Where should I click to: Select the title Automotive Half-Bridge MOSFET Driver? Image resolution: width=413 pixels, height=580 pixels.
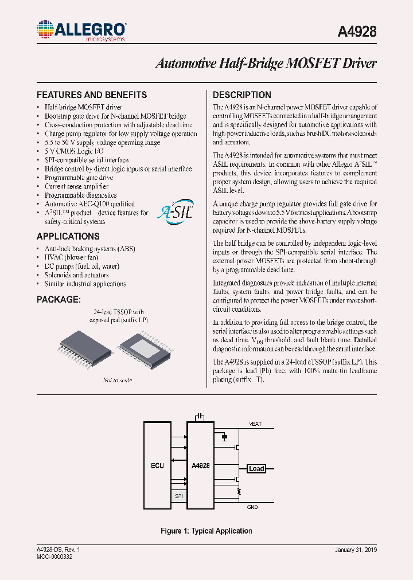click(x=266, y=64)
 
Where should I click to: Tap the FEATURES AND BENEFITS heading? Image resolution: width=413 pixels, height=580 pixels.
click(x=92, y=95)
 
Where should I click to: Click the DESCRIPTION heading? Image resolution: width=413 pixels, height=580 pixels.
click(x=242, y=95)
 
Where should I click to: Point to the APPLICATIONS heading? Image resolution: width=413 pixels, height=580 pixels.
click(x=68, y=236)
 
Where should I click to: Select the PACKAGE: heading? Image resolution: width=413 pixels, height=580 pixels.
click(x=59, y=300)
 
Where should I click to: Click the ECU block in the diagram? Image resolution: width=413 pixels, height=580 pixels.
click(x=157, y=465)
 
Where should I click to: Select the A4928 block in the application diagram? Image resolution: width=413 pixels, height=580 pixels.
click(x=200, y=465)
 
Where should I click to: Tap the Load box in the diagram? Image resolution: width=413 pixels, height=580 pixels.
click(x=256, y=469)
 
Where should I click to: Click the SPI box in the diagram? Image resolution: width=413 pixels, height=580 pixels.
click(x=178, y=496)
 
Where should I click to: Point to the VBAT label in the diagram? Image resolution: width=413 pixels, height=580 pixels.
click(x=256, y=424)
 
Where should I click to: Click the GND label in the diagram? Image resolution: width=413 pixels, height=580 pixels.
click(x=252, y=507)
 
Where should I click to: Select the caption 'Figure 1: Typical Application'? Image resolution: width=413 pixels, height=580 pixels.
click(x=206, y=531)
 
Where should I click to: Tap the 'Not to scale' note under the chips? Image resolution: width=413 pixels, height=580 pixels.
click(x=118, y=380)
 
